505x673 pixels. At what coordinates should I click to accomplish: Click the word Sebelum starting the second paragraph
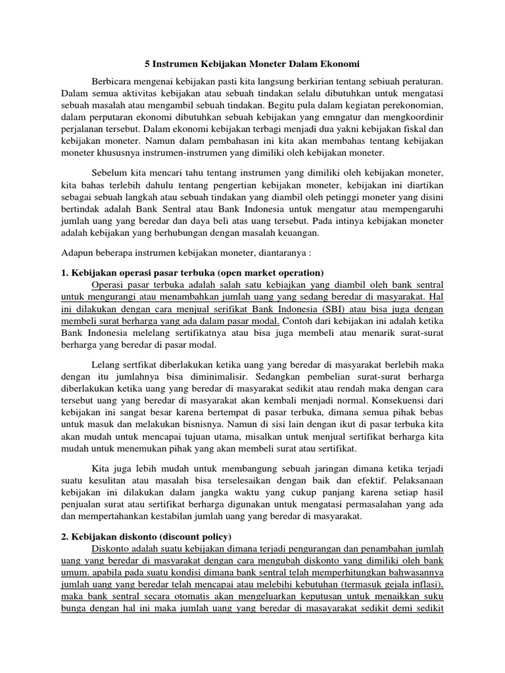coord(108,172)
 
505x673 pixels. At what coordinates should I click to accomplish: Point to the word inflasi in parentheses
coord(425,585)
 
